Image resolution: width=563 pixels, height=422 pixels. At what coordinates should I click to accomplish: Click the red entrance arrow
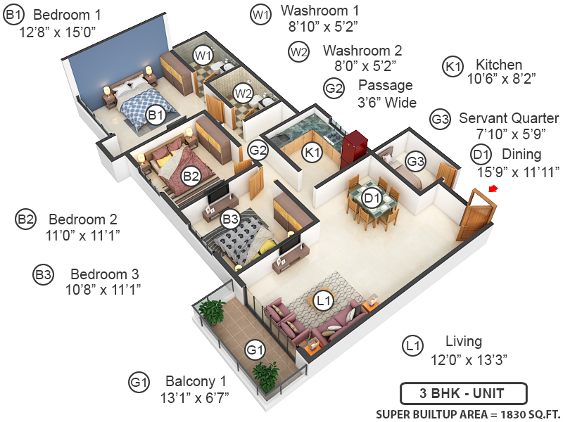pyautogui.click(x=493, y=188)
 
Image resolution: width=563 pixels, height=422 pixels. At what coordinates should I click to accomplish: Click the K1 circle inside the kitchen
pyautogui.click(x=312, y=152)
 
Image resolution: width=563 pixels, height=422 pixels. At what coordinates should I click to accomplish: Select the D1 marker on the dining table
pyautogui.click(x=372, y=198)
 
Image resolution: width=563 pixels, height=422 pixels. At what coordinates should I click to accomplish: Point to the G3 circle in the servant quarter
pyautogui.click(x=415, y=162)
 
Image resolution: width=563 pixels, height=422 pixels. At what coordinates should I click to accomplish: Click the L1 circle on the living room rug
pyautogui.click(x=324, y=301)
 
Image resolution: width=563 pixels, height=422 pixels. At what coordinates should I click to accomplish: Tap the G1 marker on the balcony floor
pyautogui.click(x=255, y=349)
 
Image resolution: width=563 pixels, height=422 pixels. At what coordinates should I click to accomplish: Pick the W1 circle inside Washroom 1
pyautogui.click(x=203, y=56)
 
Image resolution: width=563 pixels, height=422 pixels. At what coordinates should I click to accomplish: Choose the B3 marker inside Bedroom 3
pyautogui.click(x=230, y=219)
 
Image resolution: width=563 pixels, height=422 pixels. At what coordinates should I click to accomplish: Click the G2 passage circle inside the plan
pyautogui.click(x=258, y=150)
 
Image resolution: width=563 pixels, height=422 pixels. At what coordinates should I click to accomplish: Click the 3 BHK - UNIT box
pyautogui.click(x=464, y=394)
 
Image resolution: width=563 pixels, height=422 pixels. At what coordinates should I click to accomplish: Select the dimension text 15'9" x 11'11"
pyautogui.click(x=518, y=172)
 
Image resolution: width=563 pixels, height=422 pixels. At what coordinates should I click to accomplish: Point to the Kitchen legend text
pyautogui.click(x=499, y=65)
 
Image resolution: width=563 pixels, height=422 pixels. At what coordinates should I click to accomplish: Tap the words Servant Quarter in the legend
pyautogui.click(x=509, y=118)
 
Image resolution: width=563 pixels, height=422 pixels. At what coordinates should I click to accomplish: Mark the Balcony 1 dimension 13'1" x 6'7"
pyautogui.click(x=194, y=397)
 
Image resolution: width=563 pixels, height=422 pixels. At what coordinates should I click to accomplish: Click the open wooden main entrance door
pyautogui.click(x=476, y=215)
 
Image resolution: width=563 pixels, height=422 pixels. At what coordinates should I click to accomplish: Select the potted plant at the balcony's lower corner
pyautogui.click(x=266, y=376)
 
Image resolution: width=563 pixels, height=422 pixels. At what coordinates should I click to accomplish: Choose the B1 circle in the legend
pyautogui.click(x=13, y=15)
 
